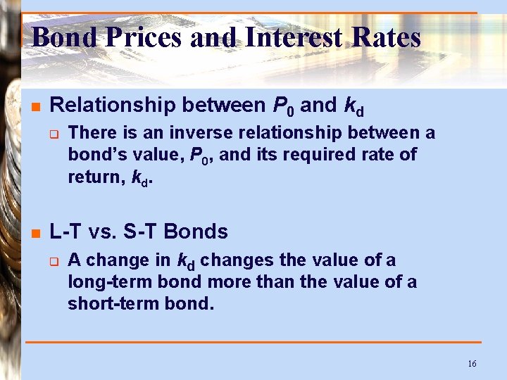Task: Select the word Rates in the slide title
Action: click(x=383, y=37)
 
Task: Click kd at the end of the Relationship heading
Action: click(x=353, y=106)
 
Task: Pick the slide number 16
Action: click(x=471, y=363)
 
